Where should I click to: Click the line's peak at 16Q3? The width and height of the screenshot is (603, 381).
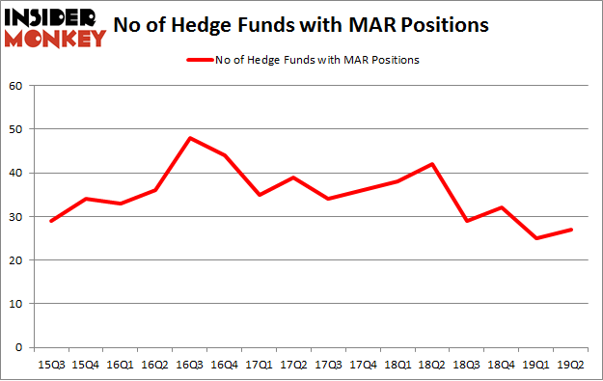[x=191, y=138]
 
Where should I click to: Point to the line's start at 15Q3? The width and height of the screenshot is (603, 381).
[x=51, y=221]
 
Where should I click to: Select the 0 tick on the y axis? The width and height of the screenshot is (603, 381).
[x=19, y=347]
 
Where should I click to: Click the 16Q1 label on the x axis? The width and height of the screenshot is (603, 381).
[x=121, y=365]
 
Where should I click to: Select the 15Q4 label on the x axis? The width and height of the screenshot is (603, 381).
[x=86, y=365]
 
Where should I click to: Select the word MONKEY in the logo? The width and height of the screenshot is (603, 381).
[x=56, y=40]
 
